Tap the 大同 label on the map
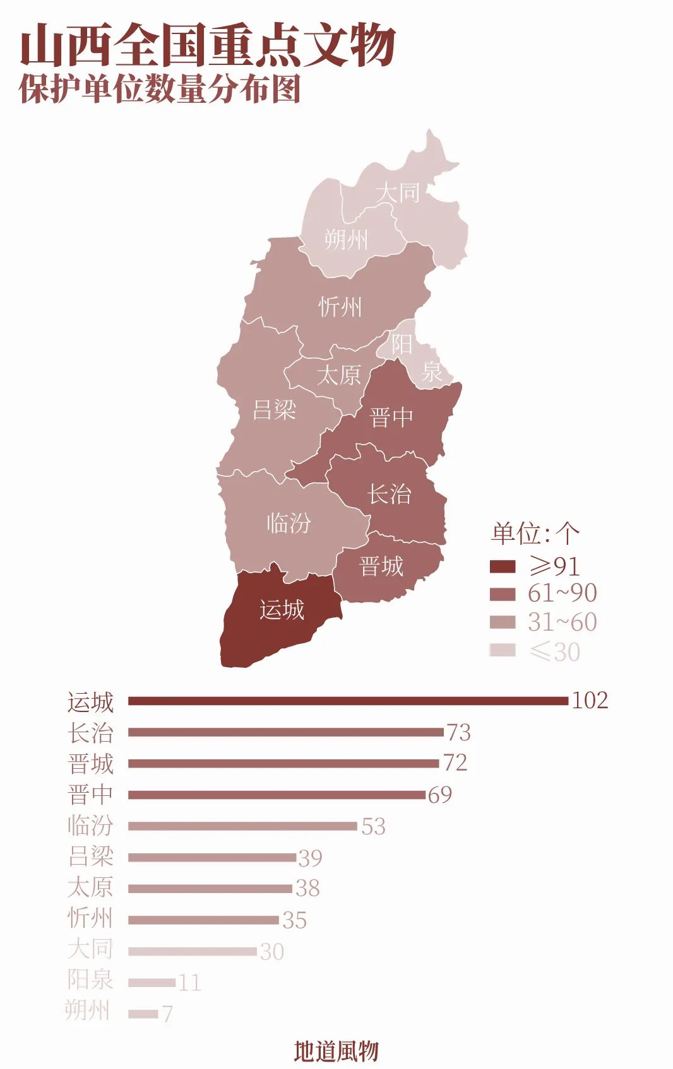pyautogui.click(x=397, y=192)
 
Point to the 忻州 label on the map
pyautogui.click(x=340, y=307)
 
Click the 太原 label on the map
pyautogui.click(x=338, y=375)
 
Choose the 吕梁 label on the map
pyautogui.click(x=274, y=410)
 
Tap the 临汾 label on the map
pyautogui.click(x=289, y=523)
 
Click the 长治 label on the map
pyautogui.click(x=390, y=494)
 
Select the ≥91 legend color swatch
pyautogui.click(x=503, y=566)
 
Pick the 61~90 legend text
pyautogui.click(x=562, y=593)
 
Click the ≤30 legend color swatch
pyautogui.click(x=503, y=650)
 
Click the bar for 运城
pyautogui.click(x=348, y=701)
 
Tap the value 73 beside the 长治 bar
pyautogui.click(x=459, y=732)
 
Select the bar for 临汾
pyautogui.click(x=242, y=826)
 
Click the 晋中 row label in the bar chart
pyautogui.click(x=90, y=795)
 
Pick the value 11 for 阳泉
pyautogui.click(x=189, y=983)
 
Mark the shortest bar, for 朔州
pyautogui.click(x=143, y=1014)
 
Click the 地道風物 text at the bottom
pyautogui.click(x=336, y=1051)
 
